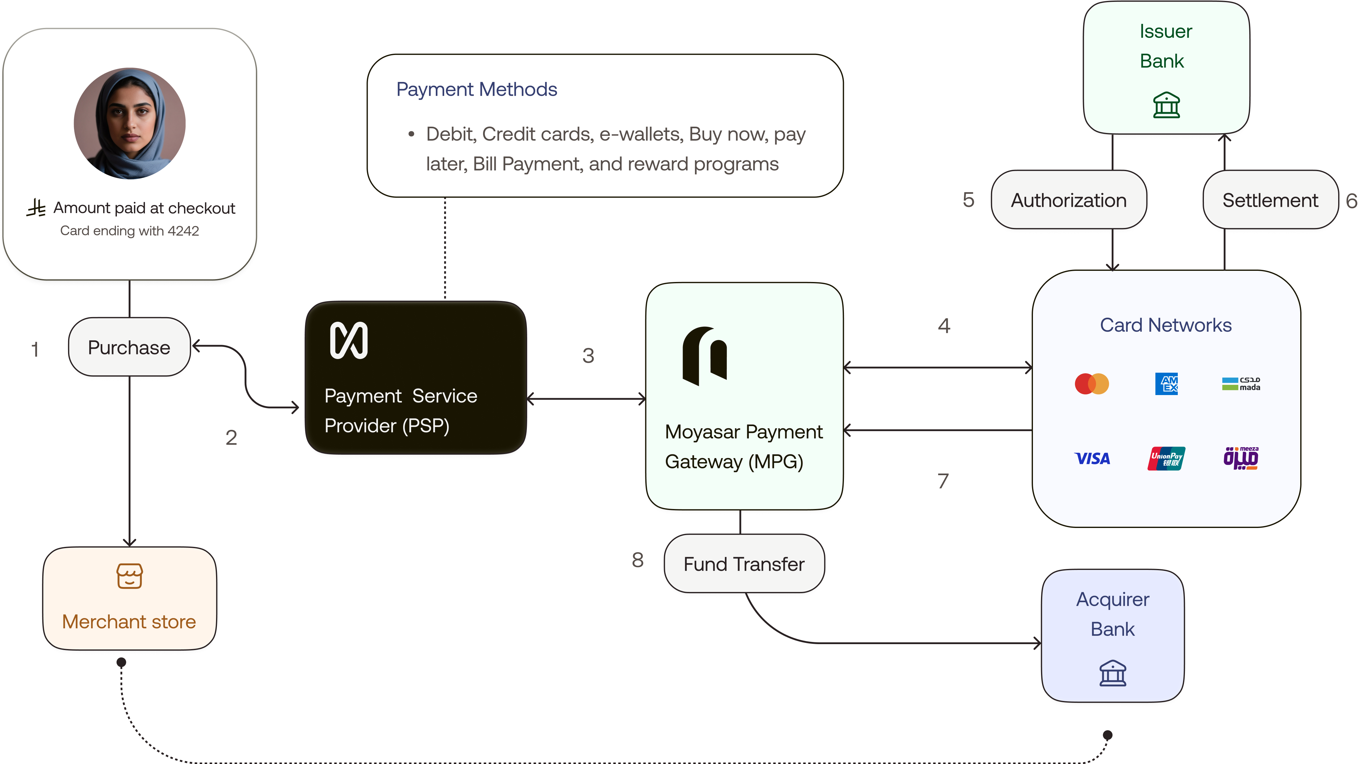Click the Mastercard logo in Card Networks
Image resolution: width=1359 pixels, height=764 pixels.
1092,384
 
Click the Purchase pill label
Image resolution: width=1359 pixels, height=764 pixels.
129,348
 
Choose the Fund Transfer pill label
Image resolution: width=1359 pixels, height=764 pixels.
744,564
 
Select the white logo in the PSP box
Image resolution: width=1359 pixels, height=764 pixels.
349,341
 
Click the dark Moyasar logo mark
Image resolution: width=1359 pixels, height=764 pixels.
704,356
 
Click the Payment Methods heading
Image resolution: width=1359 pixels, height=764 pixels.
477,90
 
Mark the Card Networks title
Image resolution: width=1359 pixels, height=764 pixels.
1165,325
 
